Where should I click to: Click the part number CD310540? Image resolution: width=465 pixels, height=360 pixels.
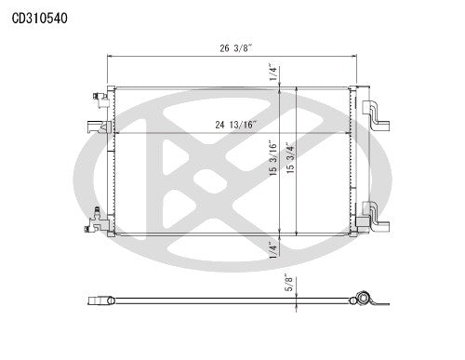(39, 17)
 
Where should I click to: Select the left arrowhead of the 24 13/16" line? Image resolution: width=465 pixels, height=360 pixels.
(115, 132)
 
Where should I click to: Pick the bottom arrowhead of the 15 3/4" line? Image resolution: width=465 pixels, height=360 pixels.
(296, 236)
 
